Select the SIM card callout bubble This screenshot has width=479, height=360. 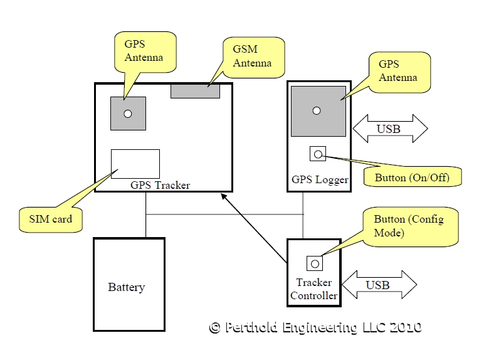pyautogui.click(x=51, y=219)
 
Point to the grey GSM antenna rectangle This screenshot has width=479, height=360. pyautogui.click(x=195, y=90)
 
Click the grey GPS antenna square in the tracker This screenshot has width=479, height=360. pyautogui.click(x=128, y=114)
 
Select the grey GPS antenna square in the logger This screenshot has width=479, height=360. pyautogui.click(x=318, y=111)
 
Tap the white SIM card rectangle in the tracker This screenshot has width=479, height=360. pyautogui.click(x=135, y=164)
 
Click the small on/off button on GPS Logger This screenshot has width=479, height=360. pyautogui.click(x=318, y=154)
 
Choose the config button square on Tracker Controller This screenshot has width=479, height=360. pyautogui.click(x=314, y=263)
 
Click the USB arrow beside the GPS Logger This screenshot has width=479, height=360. pyautogui.click(x=390, y=129)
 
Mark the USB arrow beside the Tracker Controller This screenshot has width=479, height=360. pyautogui.click(x=379, y=285)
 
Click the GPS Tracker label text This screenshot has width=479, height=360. pyautogui.click(x=160, y=185)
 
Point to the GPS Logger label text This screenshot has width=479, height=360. pyautogui.click(x=319, y=180)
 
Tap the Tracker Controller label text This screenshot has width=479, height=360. pyautogui.click(x=314, y=289)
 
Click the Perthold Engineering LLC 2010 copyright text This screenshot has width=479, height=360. pyautogui.click(x=315, y=327)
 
